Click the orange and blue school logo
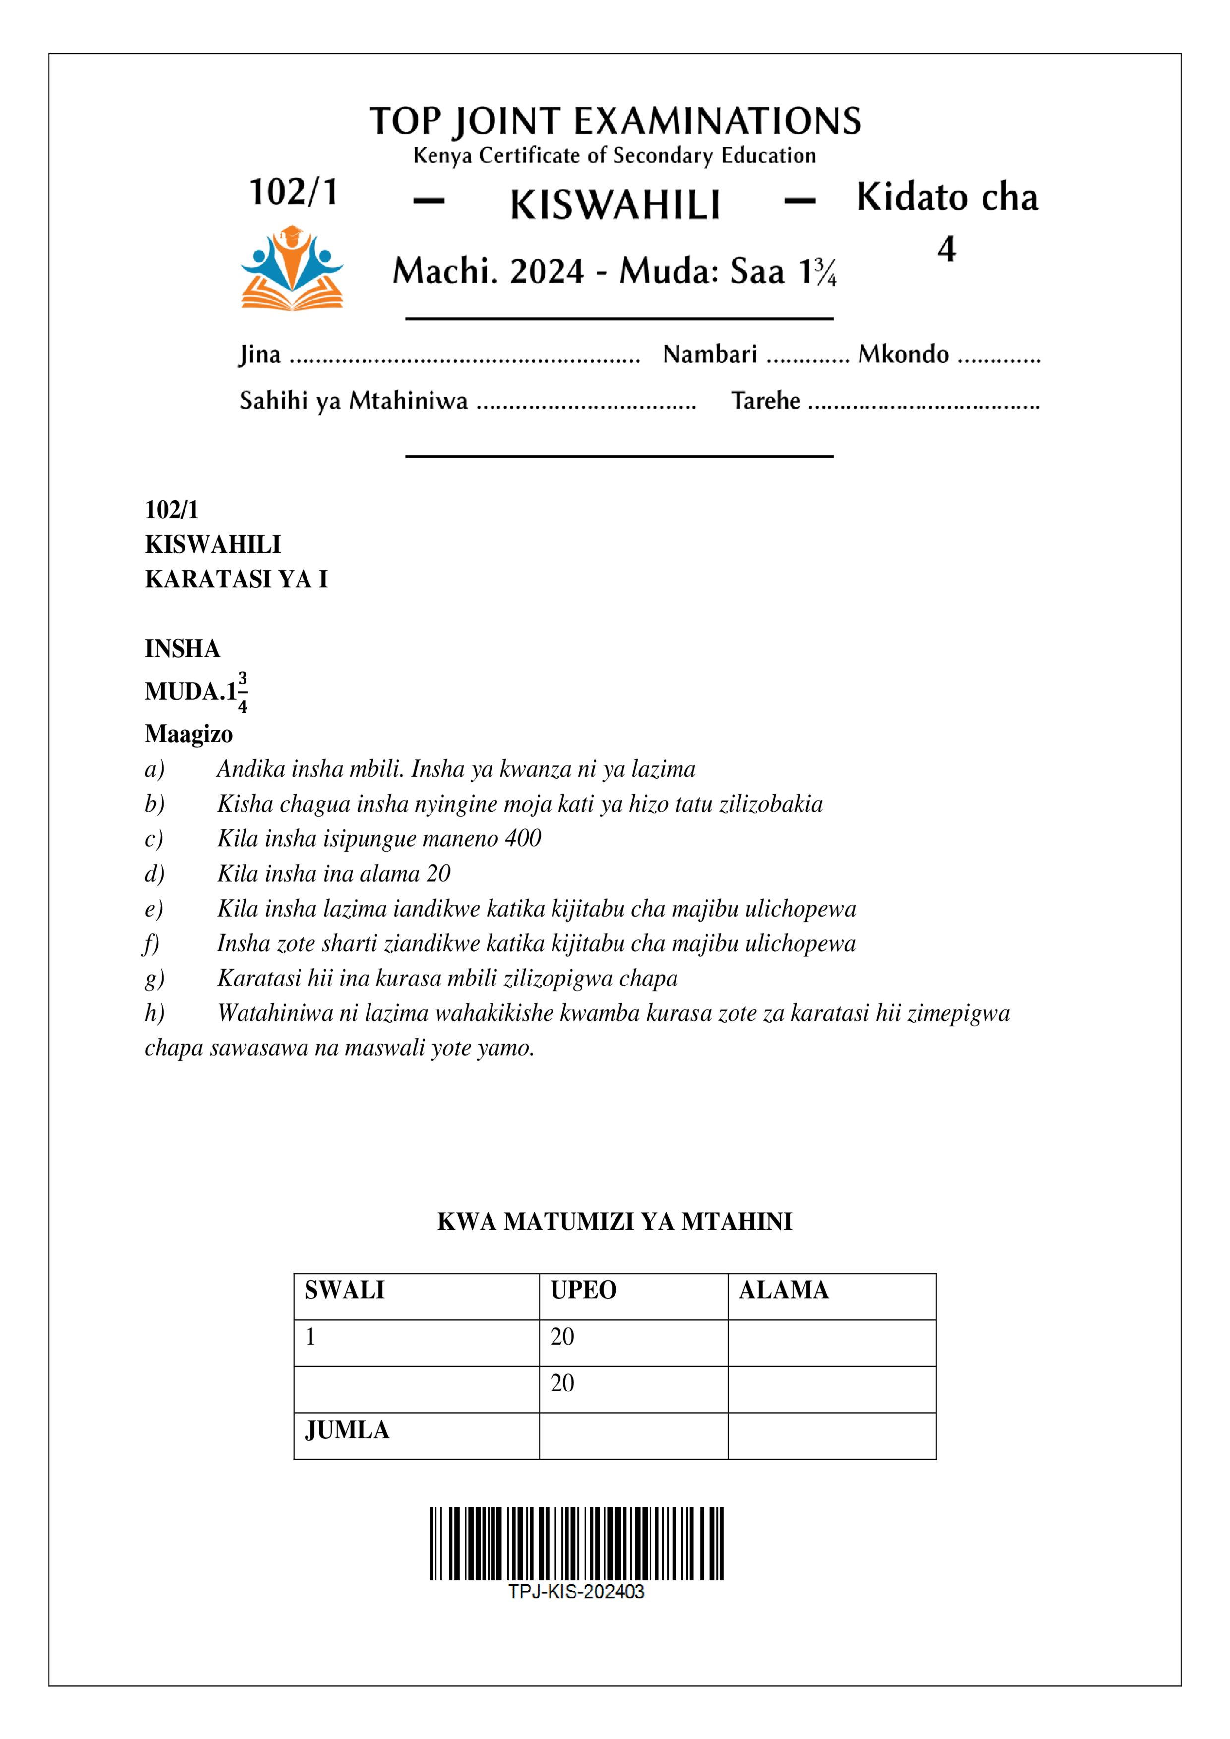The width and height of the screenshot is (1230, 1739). click(x=292, y=268)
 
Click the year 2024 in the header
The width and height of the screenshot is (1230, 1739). click(x=547, y=271)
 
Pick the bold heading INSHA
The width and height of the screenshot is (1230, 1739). click(x=183, y=649)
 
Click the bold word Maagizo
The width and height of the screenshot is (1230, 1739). click(x=188, y=734)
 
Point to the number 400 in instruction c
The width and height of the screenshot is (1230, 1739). click(x=523, y=838)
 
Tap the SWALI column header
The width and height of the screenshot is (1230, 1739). click(x=345, y=1290)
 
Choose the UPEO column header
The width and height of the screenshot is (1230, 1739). click(x=584, y=1290)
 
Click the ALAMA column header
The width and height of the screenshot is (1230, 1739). click(x=784, y=1290)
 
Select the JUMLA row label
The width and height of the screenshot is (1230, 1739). click(x=347, y=1430)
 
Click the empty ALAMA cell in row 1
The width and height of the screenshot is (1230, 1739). click(x=831, y=1343)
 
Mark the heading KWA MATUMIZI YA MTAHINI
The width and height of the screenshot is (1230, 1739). click(x=615, y=1221)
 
